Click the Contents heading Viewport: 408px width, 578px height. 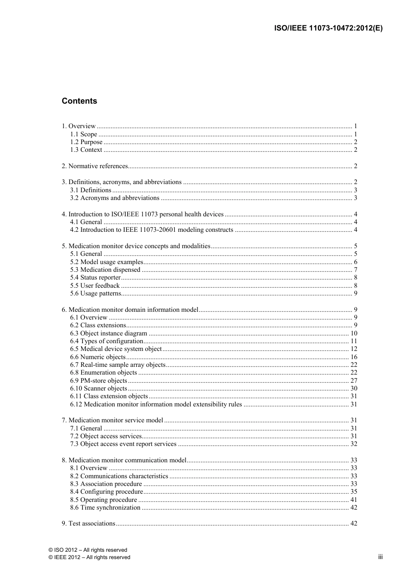point(79,101)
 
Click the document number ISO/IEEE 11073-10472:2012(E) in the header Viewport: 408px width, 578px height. point(328,28)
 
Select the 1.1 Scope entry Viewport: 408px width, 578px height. point(84,134)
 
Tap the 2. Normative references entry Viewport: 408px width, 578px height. point(95,166)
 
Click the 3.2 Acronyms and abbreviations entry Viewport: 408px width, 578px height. point(115,198)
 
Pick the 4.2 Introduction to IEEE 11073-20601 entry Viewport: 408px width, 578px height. point(152,230)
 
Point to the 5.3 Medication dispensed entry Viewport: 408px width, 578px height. point(105,270)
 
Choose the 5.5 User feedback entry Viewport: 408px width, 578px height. point(95,286)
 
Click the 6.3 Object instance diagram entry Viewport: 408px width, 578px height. point(109,333)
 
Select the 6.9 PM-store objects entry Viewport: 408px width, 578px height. point(99,381)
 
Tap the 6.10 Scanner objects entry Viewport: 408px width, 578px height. point(99,388)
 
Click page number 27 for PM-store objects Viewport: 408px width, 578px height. point(353,381)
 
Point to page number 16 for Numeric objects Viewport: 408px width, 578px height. point(353,357)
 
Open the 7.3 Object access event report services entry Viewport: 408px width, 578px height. point(123,444)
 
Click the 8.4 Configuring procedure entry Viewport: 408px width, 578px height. point(107,492)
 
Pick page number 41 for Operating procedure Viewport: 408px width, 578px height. point(353,500)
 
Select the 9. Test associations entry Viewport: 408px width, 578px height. point(88,523)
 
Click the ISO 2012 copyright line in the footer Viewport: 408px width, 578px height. point(88,550)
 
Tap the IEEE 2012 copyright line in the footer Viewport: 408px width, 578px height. point(89,557)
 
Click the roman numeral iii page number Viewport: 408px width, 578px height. point(380,557)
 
